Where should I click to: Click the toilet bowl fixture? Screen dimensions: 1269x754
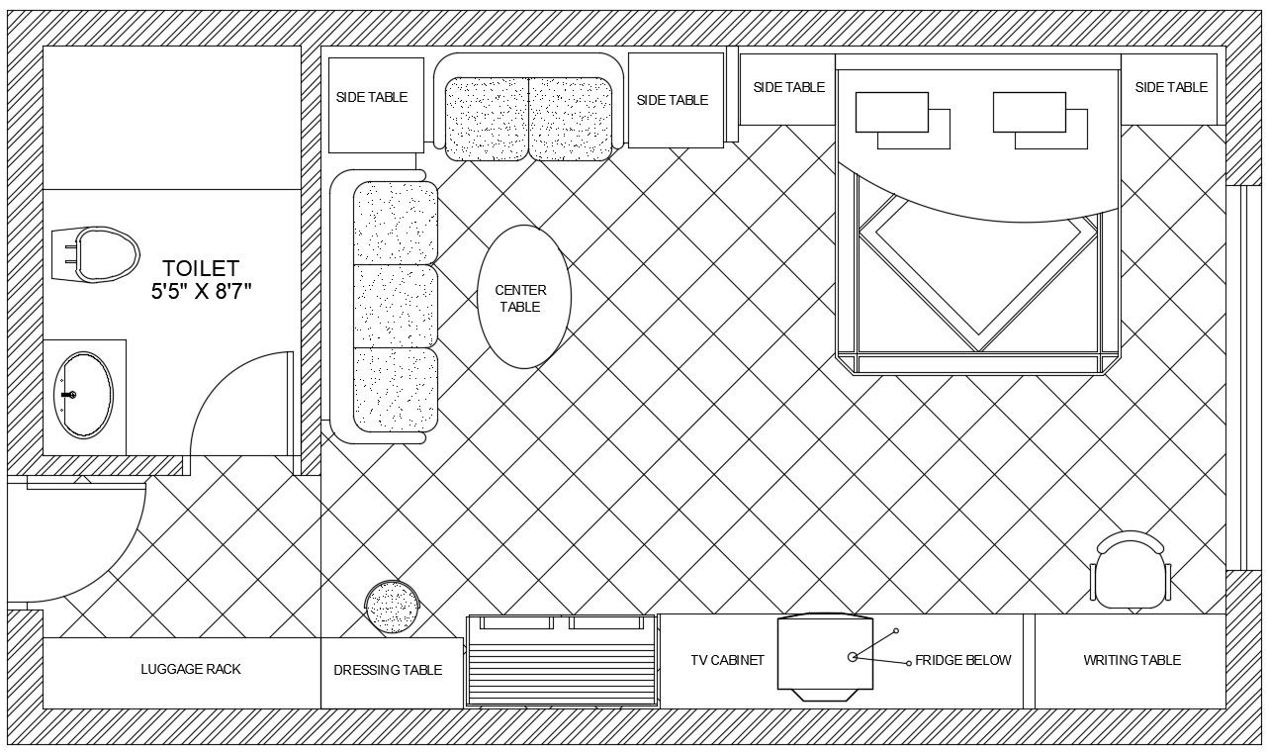95,254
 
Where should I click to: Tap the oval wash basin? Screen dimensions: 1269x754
84,395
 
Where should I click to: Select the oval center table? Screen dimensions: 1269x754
524,297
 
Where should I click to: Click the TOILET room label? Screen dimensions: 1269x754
201,267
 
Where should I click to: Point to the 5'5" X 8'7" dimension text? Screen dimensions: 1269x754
201,291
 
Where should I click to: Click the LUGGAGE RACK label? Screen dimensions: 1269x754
191,669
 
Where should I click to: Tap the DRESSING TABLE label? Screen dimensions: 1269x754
388,670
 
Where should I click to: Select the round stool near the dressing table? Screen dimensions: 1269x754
392,607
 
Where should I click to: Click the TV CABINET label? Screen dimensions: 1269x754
727,660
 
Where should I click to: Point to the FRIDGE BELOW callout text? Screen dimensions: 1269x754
963,660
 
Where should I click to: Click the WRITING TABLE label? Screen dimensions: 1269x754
1132,660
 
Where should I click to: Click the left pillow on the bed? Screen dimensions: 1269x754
902,120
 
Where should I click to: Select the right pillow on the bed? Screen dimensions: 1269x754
1041,120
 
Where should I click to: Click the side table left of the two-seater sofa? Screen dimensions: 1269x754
376,106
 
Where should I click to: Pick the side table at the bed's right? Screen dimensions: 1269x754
1169,90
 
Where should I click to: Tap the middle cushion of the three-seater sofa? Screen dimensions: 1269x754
396,306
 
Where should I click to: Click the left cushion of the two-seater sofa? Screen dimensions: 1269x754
488,119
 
